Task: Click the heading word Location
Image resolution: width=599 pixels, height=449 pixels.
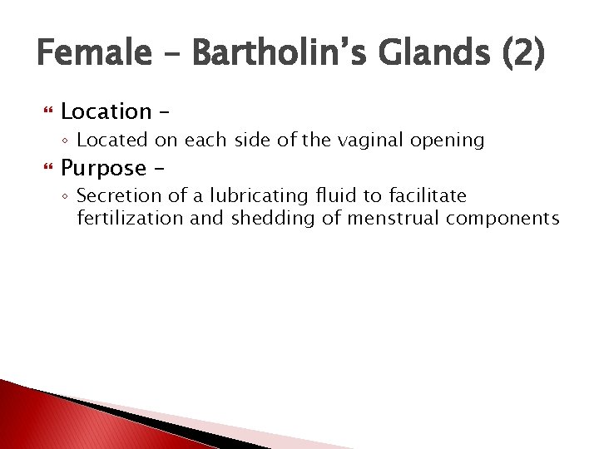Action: (106, 111)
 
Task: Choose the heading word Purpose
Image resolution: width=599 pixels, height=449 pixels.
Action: (103, 168)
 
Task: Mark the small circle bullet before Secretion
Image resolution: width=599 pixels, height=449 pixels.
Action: (67, 197)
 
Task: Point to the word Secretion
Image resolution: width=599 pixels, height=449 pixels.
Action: (113, 196)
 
